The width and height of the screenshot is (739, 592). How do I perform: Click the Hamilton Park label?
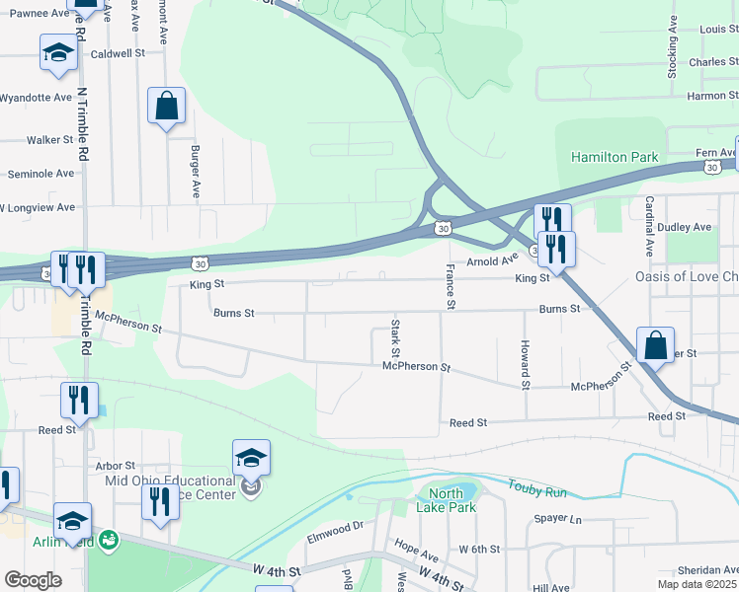point(614,157)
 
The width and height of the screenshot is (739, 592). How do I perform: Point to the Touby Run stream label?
point(537,486)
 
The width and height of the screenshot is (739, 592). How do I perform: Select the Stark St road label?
point(395,338)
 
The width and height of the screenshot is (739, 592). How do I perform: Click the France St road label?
point(450,287)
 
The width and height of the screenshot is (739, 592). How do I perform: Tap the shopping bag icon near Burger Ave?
point(166,106)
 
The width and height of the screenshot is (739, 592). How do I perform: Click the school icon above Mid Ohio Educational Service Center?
point(251,458)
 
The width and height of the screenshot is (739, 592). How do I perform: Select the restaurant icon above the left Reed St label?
point(79,400)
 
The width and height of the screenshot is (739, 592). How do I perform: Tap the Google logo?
point(33,580)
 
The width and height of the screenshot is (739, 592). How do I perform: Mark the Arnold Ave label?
point(492,261)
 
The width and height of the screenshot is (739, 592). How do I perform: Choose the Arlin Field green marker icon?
point(109,540)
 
